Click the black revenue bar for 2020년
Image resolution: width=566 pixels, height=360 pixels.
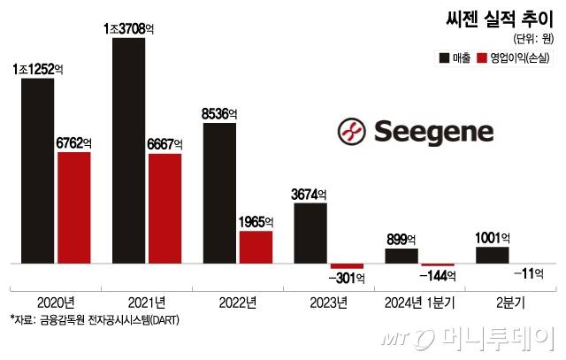point(38,171)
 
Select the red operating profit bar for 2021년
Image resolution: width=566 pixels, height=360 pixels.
point(164,209)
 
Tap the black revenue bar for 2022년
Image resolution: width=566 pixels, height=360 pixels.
point(219,193)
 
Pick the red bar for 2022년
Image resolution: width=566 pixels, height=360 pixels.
point(256,247)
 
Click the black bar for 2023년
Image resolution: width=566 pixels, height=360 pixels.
point(310,234)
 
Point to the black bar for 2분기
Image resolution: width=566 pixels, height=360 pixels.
point(493,255)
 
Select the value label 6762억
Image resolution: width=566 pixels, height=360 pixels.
point(74,141)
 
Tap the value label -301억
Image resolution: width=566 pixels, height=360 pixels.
point(347,279)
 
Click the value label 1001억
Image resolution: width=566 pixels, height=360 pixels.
point(493,237)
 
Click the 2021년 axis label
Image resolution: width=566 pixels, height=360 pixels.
point(146,303)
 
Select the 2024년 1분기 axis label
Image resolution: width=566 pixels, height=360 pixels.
point(419,303)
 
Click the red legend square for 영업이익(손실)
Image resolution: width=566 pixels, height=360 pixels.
point(482,58)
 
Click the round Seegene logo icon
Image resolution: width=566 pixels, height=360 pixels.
point(352,132)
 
